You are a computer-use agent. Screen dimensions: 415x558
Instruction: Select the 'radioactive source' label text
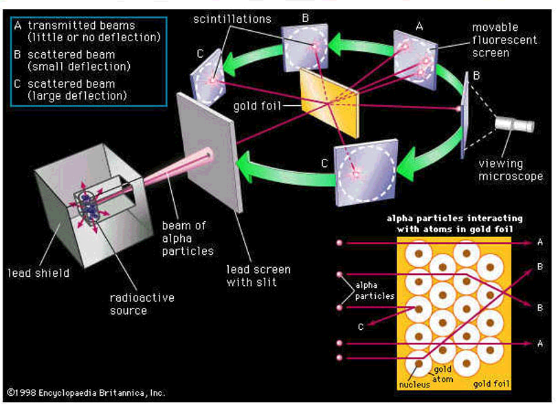pyautogui.click(x=142, y=304)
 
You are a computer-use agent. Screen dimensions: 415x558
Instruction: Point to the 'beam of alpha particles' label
pyautogui.click(x=183, y=238)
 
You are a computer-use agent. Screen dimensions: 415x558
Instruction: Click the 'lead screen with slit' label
pyautogui.click(x=258, y=276)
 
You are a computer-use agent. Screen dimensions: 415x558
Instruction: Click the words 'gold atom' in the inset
pyautogui.click(x=442, y=374)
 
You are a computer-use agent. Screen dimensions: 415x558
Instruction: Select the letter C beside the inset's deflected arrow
pyautogui.click(x=360, y=327)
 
